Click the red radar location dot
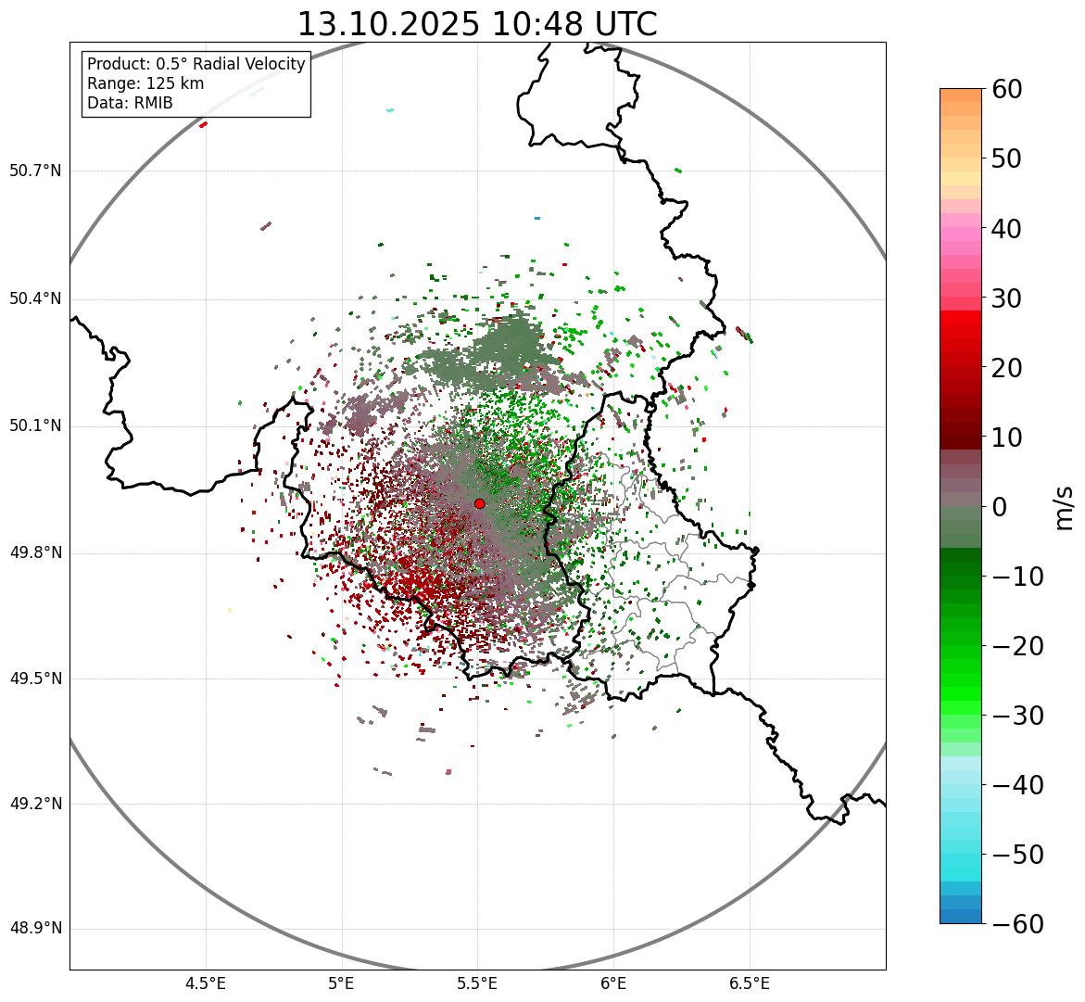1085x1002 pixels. click(x=479, y=503)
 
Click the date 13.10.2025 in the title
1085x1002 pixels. click(x=388, y=24)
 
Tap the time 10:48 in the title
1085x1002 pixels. click(x=533, y=24)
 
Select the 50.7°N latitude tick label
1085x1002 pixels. click(x=34, y=171)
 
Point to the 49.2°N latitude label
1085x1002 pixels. click(x=34, y=804)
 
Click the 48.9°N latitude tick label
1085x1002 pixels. click(x=34, y=929)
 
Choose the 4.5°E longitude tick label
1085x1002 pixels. click(x=206, y=983)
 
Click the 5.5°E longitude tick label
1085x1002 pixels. click(x=477, y=983)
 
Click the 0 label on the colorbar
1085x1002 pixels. click(x=999, y=507)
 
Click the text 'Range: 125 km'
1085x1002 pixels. click(x=145, y=83)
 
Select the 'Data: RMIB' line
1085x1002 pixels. click(x=130, y=103)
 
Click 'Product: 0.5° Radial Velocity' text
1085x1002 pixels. click(x=196, y=64)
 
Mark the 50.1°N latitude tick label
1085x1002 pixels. click(x=34, y=426)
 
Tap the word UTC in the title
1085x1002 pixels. click(x=623, y=24)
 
